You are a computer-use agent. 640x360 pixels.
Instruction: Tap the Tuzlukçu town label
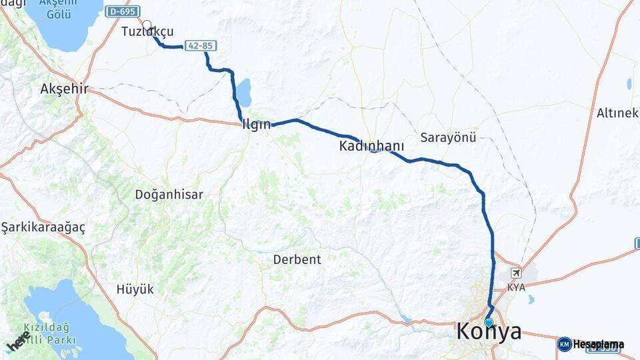pos(147,32)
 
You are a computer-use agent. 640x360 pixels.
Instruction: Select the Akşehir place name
pos(64,89)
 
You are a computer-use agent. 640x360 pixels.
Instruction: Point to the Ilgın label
pos(257,124)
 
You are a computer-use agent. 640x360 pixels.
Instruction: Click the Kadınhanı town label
pos(371,145)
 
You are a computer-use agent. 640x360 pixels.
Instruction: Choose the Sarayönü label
pos(448,137)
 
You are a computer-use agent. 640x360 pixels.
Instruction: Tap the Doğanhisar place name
pos(169,195)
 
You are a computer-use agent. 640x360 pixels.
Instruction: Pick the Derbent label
pos(297,259)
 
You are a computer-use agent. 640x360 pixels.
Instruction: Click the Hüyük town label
pos(135,289)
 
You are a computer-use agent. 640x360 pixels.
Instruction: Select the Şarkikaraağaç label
pos(43,227)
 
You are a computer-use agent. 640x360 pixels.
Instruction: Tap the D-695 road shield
pos(121,11)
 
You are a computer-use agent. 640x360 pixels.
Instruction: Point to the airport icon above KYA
pos(515,273)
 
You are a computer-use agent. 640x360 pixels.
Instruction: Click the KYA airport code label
pos(516,287)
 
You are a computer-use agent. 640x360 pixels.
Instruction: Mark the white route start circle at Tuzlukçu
pos(147,25)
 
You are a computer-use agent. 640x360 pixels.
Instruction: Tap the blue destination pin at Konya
pos(489,323)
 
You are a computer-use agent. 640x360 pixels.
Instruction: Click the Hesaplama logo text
pos(599,345)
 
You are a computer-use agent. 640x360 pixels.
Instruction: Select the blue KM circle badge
pos(564,345)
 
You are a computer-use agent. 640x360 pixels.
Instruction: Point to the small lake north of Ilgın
pos(244,93)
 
